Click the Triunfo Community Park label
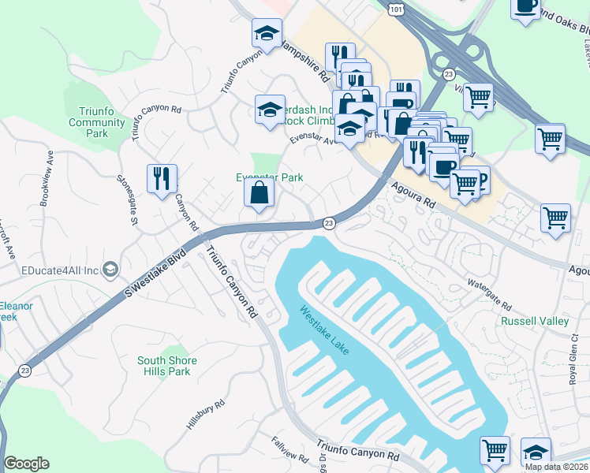(x=97, y=122)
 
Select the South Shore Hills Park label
(x=166, y=366)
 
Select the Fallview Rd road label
(x=289, y=449)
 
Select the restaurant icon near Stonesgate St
(x=162, y=177)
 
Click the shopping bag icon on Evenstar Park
(x=260, y=192)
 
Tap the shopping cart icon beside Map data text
(x=495, y=450)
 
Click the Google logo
(x=26, y=464)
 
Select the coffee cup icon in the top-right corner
(x=525, y=7)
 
